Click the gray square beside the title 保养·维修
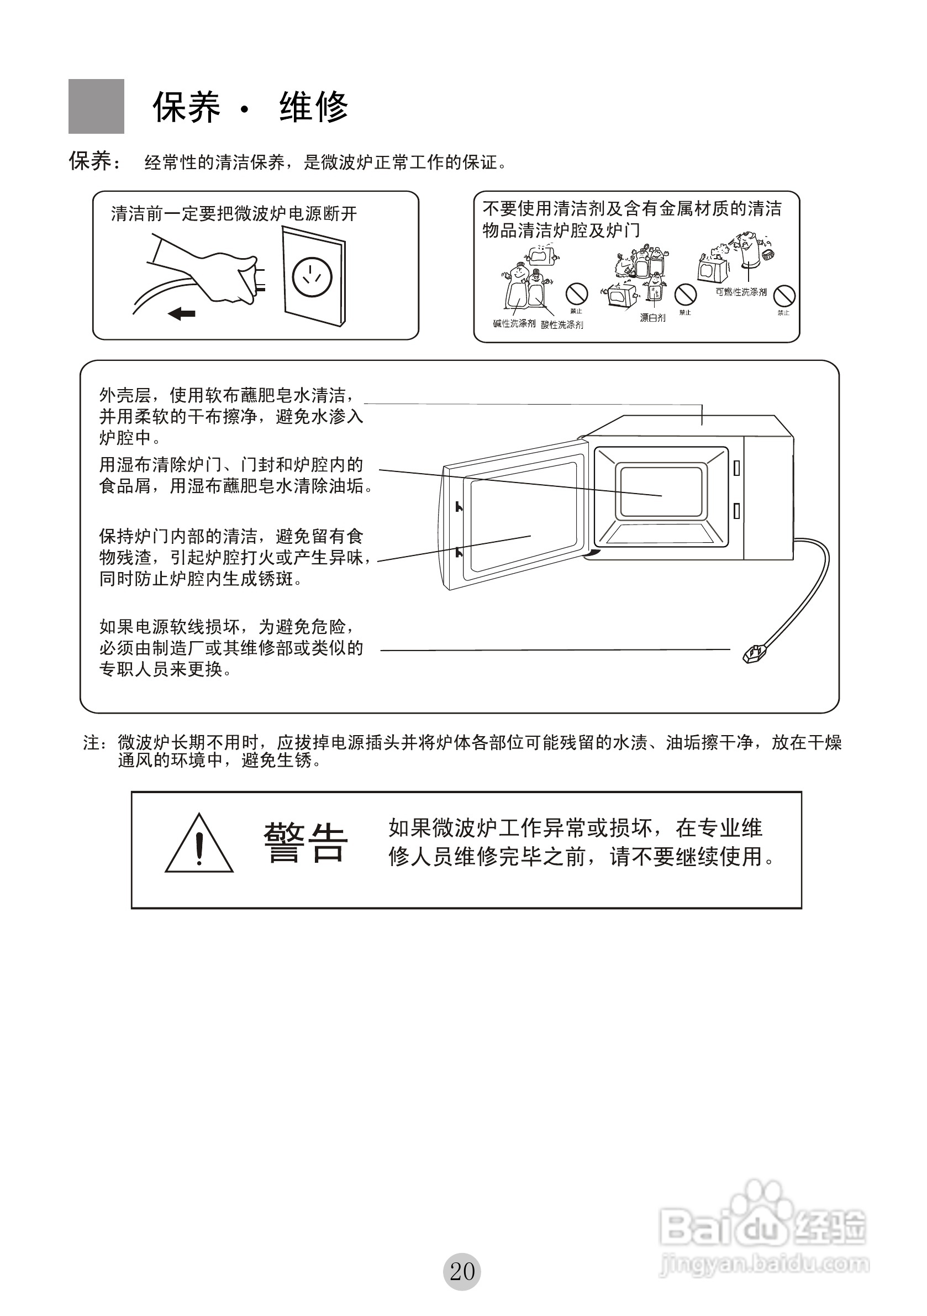96,107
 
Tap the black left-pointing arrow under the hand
182,313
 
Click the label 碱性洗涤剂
514,323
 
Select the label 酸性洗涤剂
562,325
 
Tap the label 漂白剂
652,318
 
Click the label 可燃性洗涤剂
741,292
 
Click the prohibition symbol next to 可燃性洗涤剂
784,296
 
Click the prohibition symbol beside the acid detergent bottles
576,294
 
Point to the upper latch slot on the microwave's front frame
737,468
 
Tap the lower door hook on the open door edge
459,553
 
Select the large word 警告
306,842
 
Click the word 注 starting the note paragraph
91,743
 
